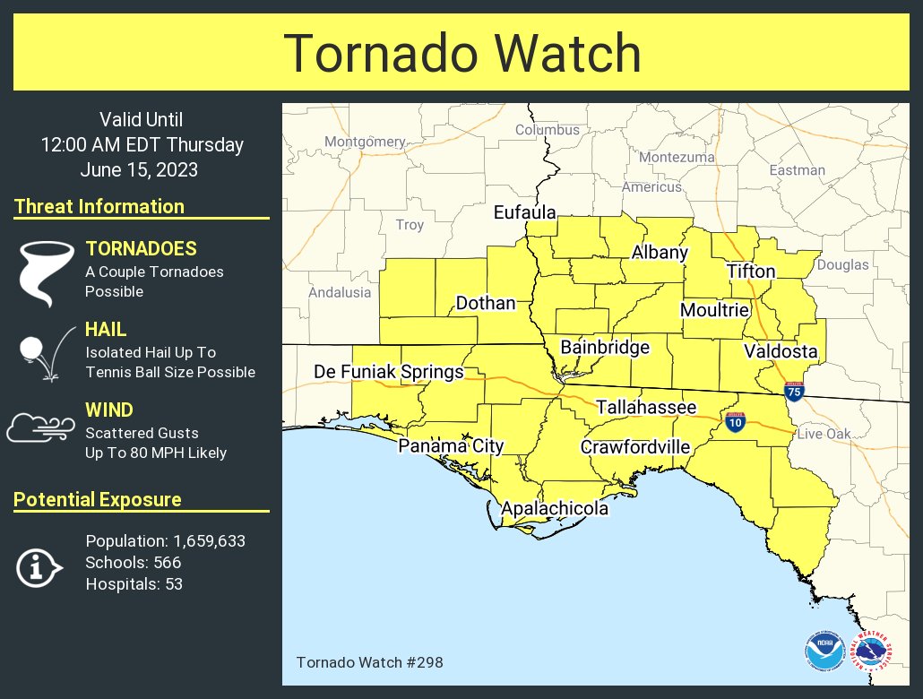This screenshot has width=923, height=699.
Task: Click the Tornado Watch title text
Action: [461, 54]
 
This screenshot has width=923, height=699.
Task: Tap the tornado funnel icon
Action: [45, 273]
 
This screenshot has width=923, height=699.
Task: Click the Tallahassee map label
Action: [646, 408]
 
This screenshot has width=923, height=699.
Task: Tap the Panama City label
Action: [451, 446]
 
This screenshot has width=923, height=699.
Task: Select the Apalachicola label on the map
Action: [554, 509]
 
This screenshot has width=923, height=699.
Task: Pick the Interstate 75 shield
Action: [793, 391]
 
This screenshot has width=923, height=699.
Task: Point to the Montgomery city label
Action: [365, 142]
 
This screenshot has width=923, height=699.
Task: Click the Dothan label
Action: [486, 304]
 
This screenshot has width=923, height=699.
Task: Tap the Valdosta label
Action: [780, 350]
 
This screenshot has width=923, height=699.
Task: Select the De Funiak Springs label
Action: [388, 372]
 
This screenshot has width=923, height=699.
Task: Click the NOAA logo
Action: [824, 652]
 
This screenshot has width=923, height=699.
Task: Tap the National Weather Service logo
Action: [870, 652]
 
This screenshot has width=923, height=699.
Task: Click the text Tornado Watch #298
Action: [369, 662]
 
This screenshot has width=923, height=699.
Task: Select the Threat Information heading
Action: [99, 206]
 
